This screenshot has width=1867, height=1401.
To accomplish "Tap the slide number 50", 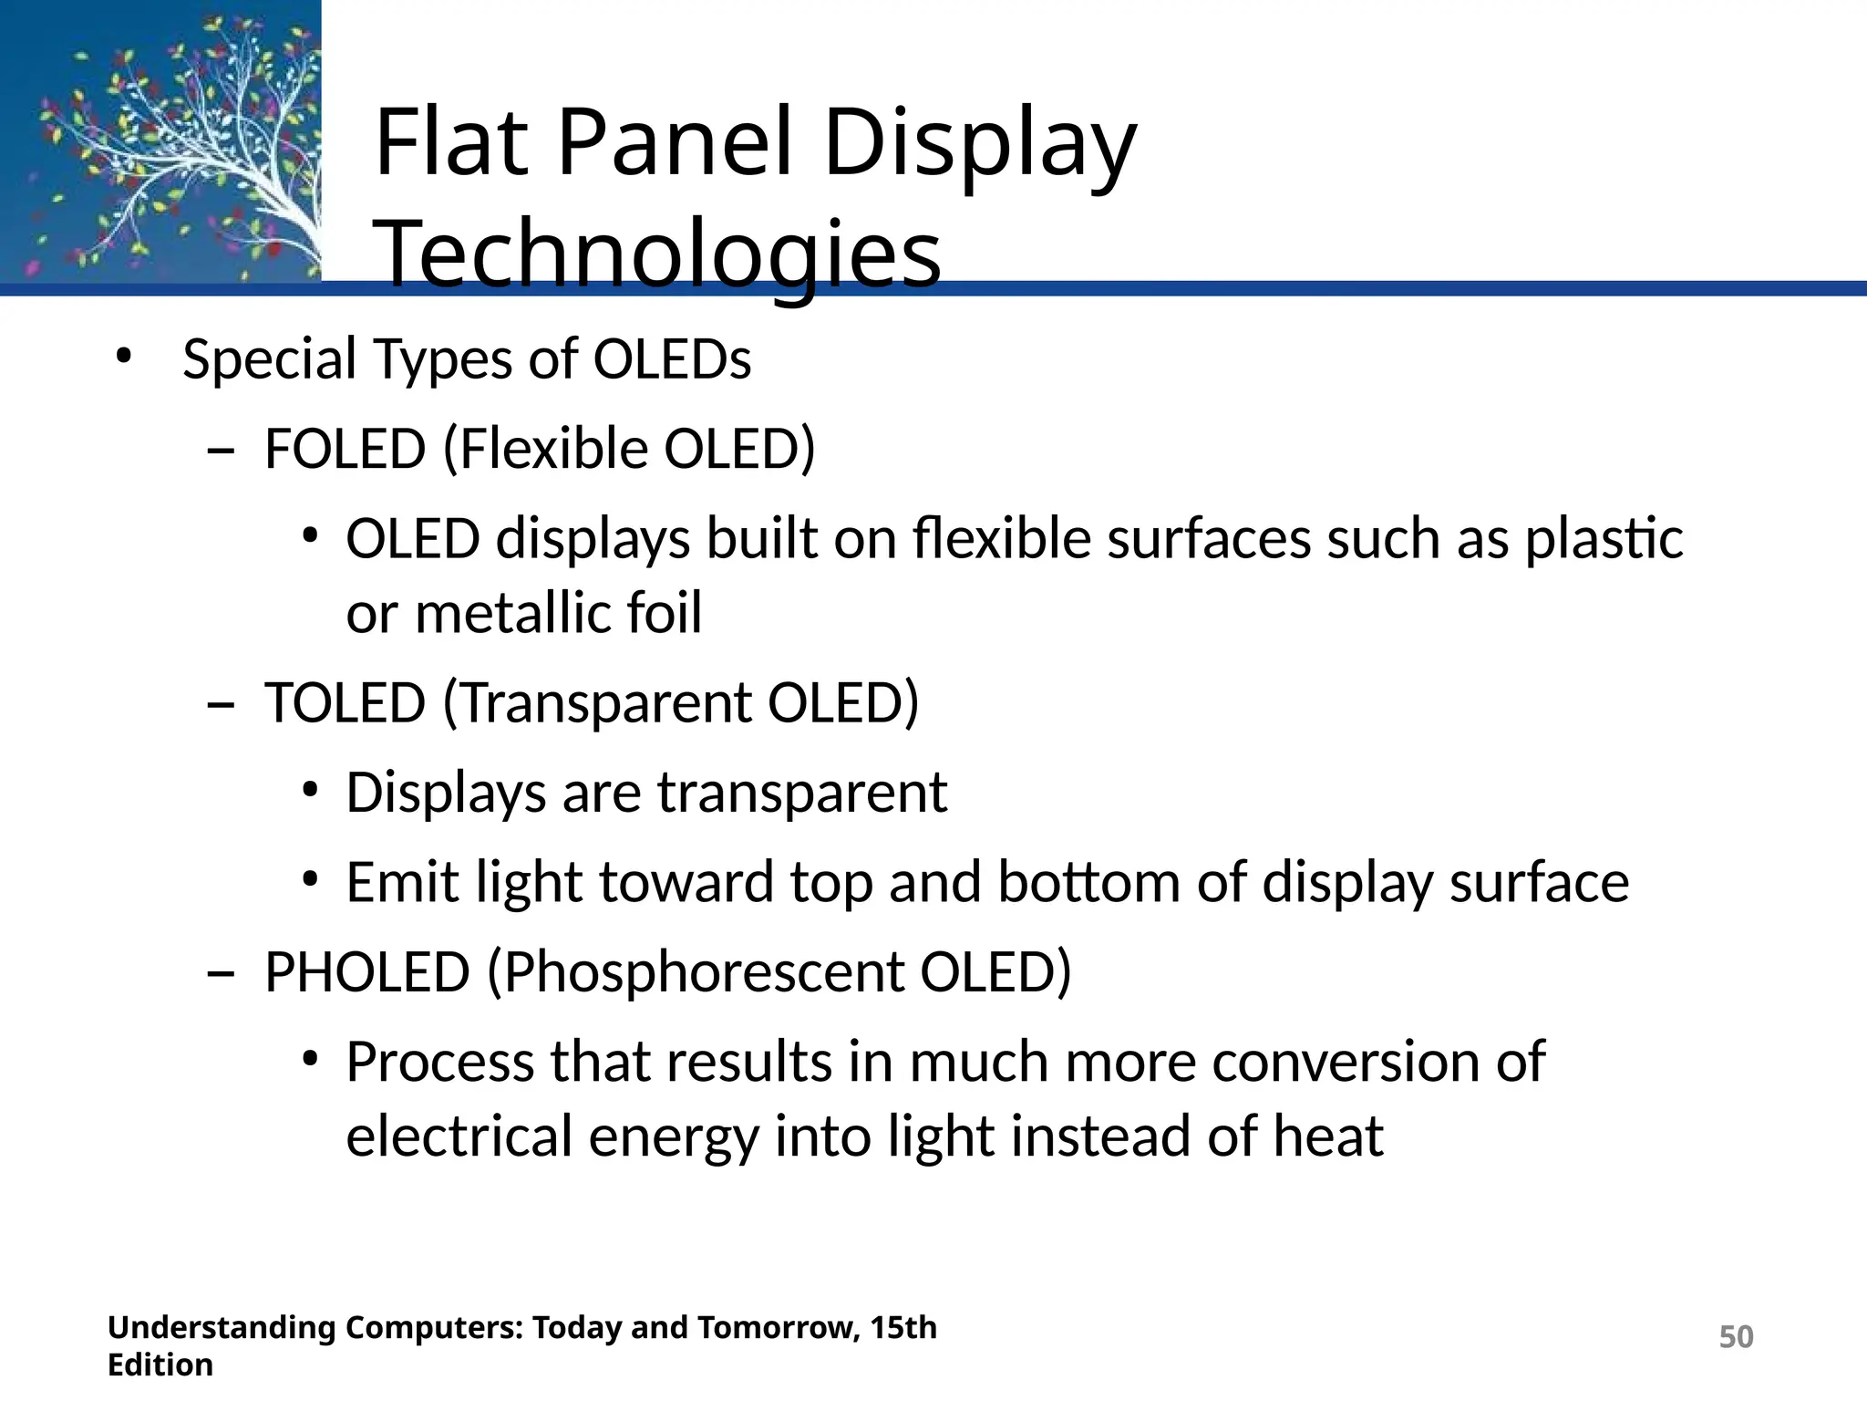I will tap(1736, 1336).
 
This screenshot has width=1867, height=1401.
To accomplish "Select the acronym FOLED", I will tap(345, 449).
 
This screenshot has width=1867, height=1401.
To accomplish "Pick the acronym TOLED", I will tap(345, 703).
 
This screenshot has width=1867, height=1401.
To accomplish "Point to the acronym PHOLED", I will tap(366, 972).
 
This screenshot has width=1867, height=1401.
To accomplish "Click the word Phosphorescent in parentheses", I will tap(702, 972).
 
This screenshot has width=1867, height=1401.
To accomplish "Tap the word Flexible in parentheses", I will tap(552, 449).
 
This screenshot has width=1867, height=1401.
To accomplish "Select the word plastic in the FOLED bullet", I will tap(1604, 539).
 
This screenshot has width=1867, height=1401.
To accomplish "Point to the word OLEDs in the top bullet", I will tap(672, 359).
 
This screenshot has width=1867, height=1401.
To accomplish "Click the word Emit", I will tap(401, 883).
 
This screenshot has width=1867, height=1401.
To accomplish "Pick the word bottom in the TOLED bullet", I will tap(1088, 883).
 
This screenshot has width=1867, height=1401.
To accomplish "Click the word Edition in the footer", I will tap(160, 1365).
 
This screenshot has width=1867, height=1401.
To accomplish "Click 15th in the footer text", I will tap(903, 1327).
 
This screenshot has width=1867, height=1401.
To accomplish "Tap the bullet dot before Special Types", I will tap(124, 357).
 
